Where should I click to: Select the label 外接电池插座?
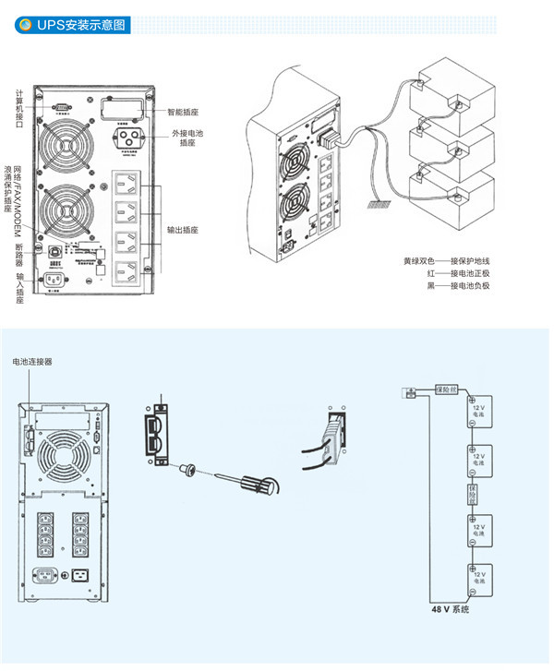click(x=187, y=138)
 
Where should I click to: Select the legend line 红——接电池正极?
click(x=452, y=274)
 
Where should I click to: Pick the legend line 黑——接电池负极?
click(x=452, y=286)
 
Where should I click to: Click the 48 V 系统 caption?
click(x=451, y=610)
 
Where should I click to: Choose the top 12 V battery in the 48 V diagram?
click(x=478, y=412)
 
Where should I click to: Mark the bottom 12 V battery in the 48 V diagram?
click(x=478, y=578)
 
